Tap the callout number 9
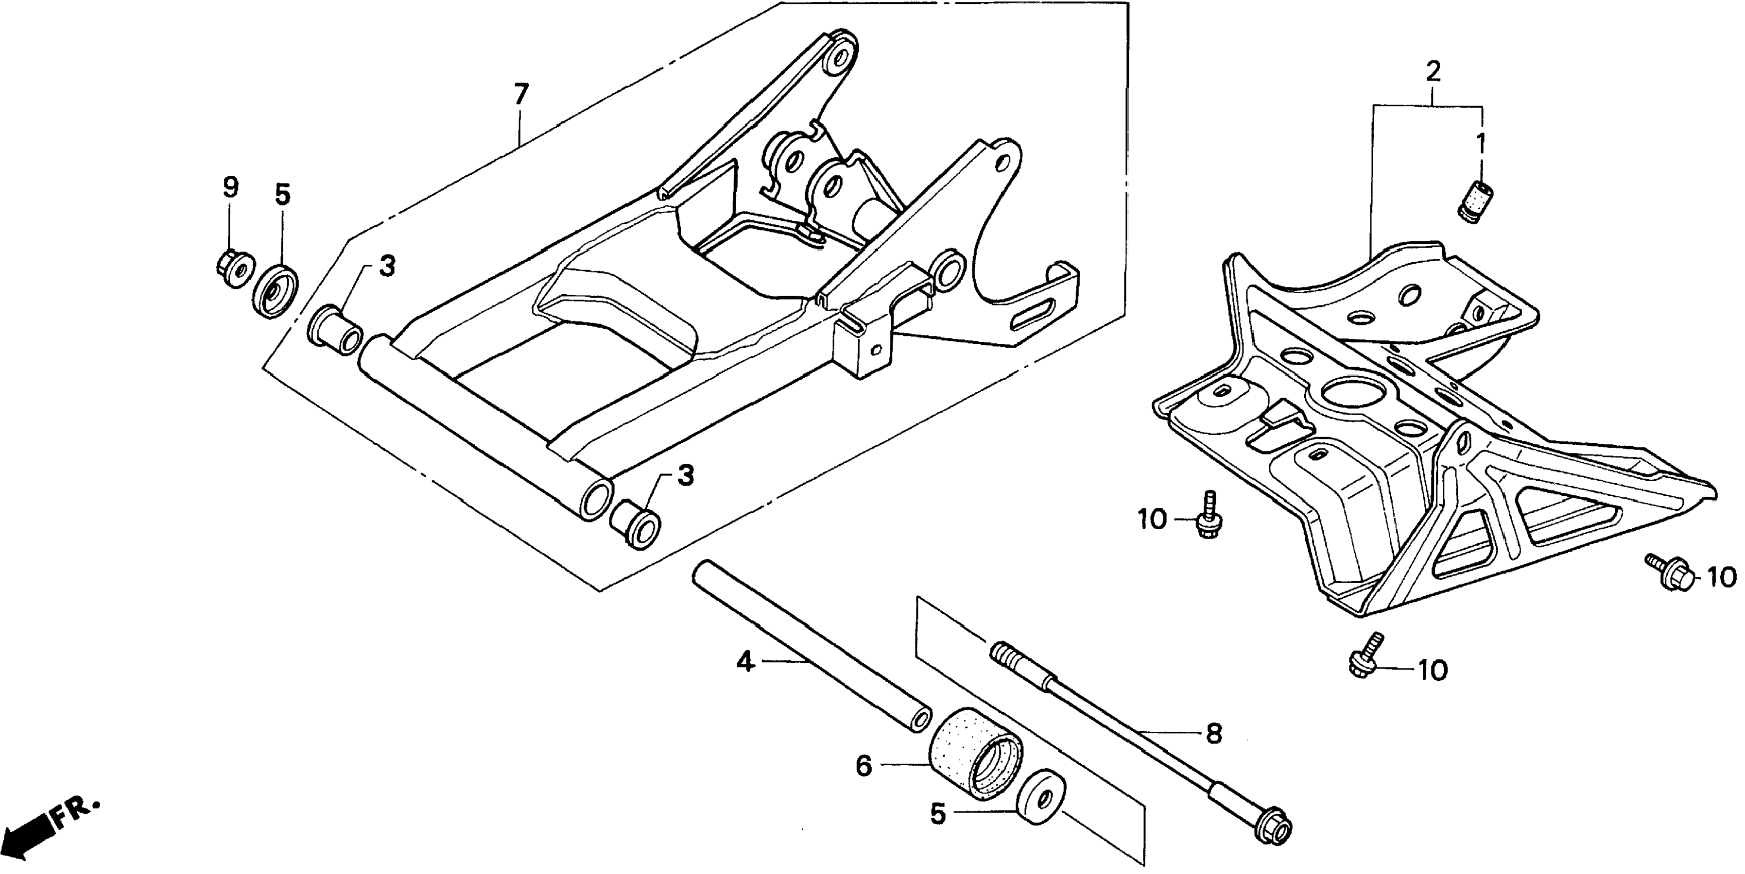pos(230,187)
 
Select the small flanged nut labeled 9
pos(234,268)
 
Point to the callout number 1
pos(1481,144)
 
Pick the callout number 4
pos(745,661)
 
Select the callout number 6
pos(863,766)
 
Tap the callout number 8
pos(1213,733)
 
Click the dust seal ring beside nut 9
pos(276,291)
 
